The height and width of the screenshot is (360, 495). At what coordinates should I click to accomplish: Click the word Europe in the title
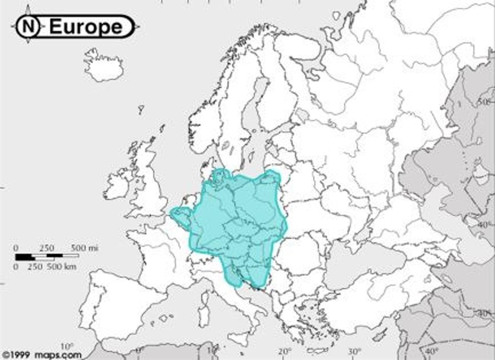click(86, 27)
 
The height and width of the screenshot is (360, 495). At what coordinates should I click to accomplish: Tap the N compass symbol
click(29, 26)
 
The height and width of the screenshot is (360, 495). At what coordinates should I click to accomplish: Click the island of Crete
click(320, 350)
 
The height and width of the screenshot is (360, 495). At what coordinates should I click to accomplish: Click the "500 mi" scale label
click(85, 248)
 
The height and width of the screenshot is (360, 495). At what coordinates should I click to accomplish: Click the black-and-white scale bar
click(47, 256)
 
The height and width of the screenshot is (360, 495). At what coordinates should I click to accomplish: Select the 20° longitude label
click(285, 351)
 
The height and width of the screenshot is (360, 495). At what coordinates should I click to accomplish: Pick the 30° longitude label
click(354, 351)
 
